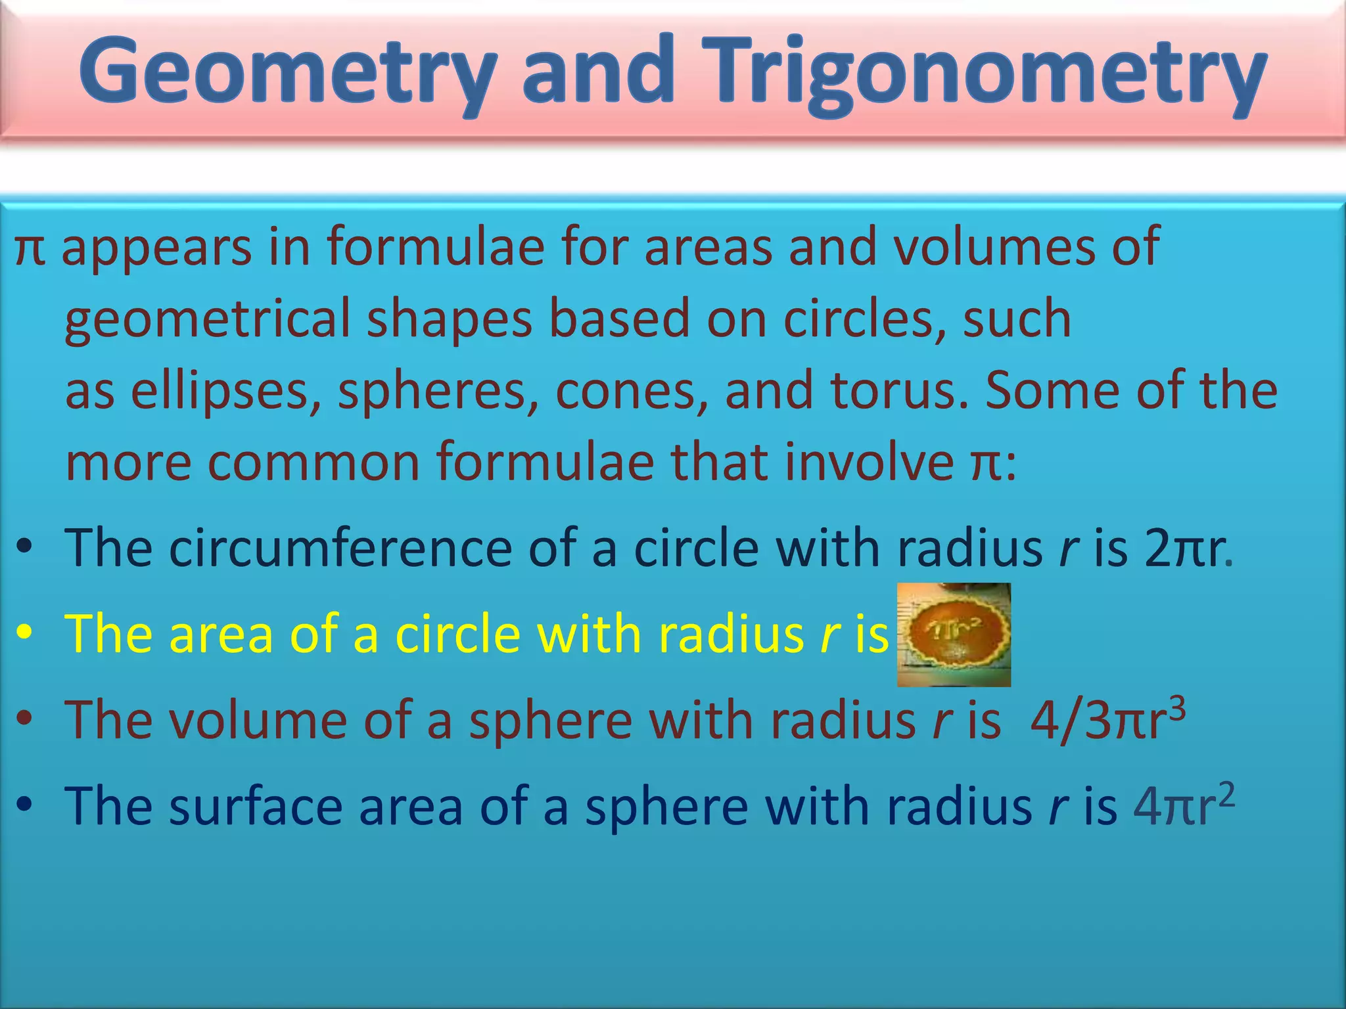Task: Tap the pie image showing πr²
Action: pos(954,635)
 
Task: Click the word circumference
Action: pos(340,549)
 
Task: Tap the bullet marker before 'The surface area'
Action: pos(25,805)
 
